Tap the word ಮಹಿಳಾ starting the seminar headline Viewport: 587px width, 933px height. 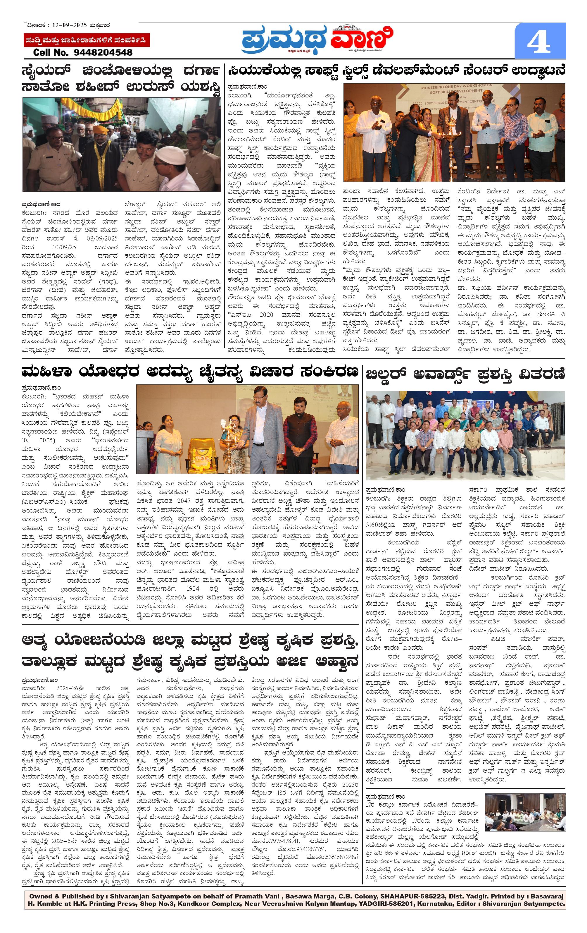click(48, 372)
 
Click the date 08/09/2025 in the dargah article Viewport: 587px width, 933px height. click(103, 239)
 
